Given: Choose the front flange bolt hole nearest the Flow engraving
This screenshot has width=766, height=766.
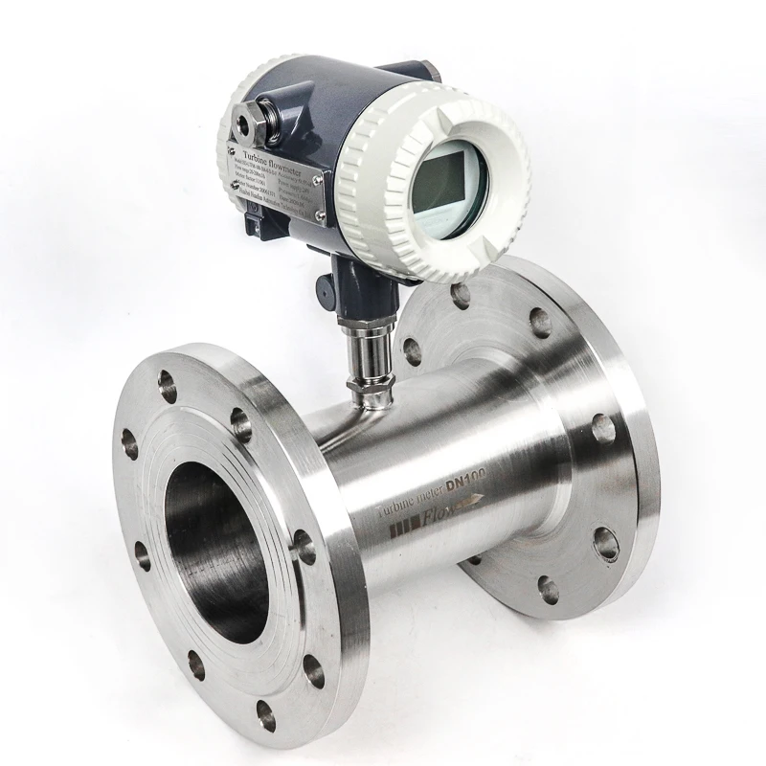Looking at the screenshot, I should pyautogui.click(x=304, y=549).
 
